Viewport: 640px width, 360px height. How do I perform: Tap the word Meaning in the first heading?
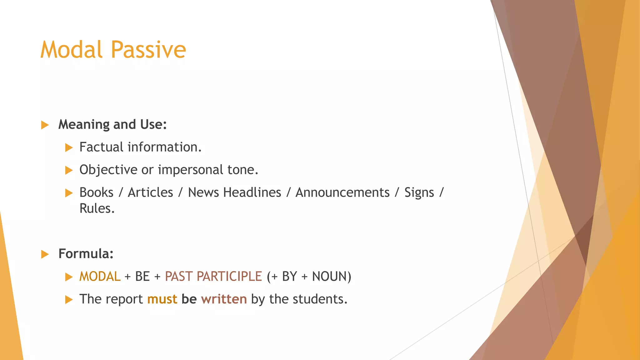click(84, 125)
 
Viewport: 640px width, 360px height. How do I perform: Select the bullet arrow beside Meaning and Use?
click(45, 125)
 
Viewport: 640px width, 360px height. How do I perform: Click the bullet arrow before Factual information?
click(69, 147)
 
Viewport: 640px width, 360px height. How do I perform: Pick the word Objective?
click(108, 170)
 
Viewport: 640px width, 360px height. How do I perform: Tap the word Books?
click(96, 192)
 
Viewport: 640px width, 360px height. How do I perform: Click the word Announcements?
click(342, 192)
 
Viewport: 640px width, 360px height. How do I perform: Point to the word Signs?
click(419, 192)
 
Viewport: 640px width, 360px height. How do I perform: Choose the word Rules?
click(97, 208)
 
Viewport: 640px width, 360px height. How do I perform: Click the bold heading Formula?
click(86, 254)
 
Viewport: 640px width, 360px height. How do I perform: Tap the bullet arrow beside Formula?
click(45, 254)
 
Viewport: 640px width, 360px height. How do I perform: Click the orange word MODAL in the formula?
click(100, 277)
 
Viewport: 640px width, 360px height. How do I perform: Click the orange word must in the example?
click(162, 299)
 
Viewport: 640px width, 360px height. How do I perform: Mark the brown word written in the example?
click(224, 299)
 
